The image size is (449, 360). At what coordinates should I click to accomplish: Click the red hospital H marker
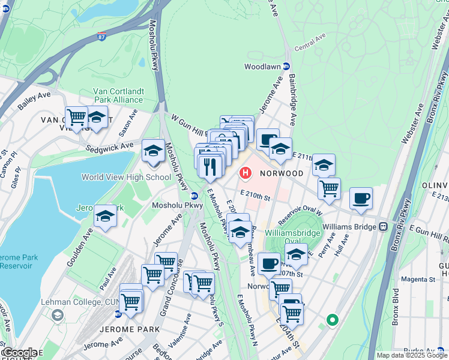tap(245, 173)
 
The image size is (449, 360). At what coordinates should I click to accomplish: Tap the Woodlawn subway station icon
tap(287, 67)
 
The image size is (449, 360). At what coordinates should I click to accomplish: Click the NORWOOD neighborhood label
tap(282, 173)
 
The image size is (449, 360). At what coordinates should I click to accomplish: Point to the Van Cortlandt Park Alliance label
tap(118, 96)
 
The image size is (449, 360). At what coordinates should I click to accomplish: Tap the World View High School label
tap(126, 177)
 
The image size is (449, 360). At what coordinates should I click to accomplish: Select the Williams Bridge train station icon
tap(382, 227)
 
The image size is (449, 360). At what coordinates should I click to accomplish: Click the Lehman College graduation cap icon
tap(58, 314)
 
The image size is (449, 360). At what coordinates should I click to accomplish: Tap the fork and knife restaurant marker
tap(209, 166)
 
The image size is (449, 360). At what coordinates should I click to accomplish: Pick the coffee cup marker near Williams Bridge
tap(361, 198)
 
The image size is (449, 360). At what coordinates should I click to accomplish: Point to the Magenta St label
tap(418, 279)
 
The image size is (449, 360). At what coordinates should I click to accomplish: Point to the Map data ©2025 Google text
tap(412, 355)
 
